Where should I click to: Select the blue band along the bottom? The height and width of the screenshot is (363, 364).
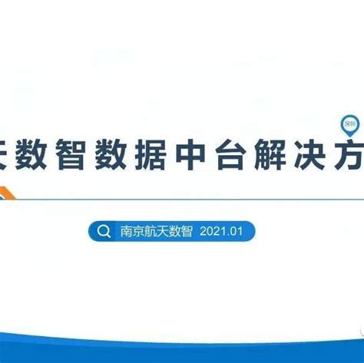click(182, 355)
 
